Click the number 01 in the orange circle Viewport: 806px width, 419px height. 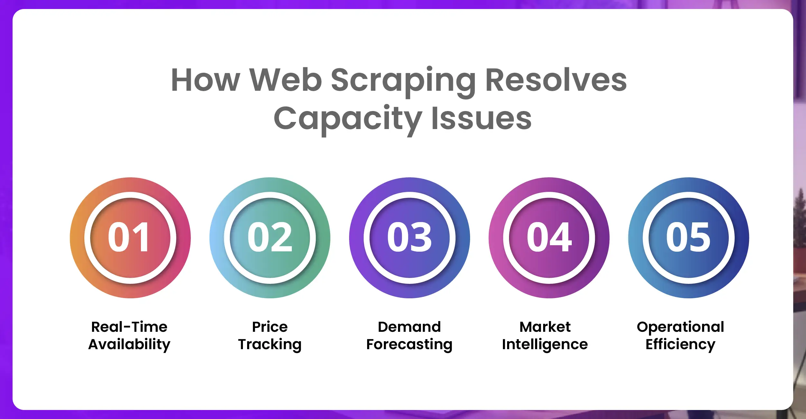129,237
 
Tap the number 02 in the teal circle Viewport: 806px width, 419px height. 270,237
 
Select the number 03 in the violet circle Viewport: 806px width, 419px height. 409,237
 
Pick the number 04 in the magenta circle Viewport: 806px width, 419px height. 549,237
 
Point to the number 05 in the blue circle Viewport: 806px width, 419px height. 688,237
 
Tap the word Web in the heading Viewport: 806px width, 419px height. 286,80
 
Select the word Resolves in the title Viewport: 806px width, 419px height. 556,80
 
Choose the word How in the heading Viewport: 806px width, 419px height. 206,80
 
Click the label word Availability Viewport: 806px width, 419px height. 129,345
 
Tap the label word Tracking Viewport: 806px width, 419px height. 270,345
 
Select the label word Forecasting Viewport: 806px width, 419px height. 409,345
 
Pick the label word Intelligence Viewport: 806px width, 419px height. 545,345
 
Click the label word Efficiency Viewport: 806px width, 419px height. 681,345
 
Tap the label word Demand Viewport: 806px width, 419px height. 409,327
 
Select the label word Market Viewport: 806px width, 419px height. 545,327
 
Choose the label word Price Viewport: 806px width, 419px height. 270,327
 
